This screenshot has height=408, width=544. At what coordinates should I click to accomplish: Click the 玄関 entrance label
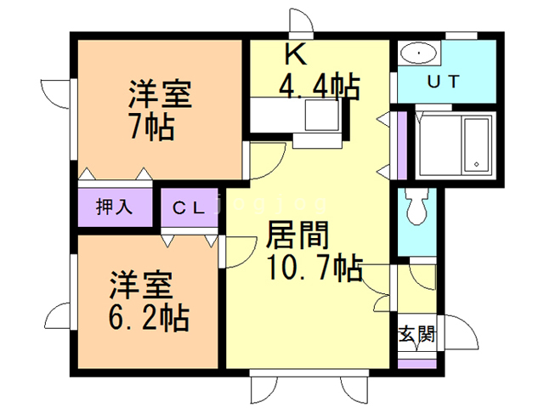coord(416,333)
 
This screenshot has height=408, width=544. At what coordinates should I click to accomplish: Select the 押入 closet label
coord(115,207)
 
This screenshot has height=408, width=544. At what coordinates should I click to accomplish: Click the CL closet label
coord(190,207)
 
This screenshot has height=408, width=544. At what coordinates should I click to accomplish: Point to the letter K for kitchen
coord(294,56)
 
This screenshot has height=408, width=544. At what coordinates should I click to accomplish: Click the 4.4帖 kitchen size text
coord(319,87)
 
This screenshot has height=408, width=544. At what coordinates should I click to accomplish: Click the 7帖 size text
coord(152,127)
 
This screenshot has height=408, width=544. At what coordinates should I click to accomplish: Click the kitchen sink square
coord(324,115)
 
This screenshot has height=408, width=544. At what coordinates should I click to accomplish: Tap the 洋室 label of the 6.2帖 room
coord(140,284)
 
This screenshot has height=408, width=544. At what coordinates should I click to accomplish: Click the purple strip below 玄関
coord(416,364)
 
